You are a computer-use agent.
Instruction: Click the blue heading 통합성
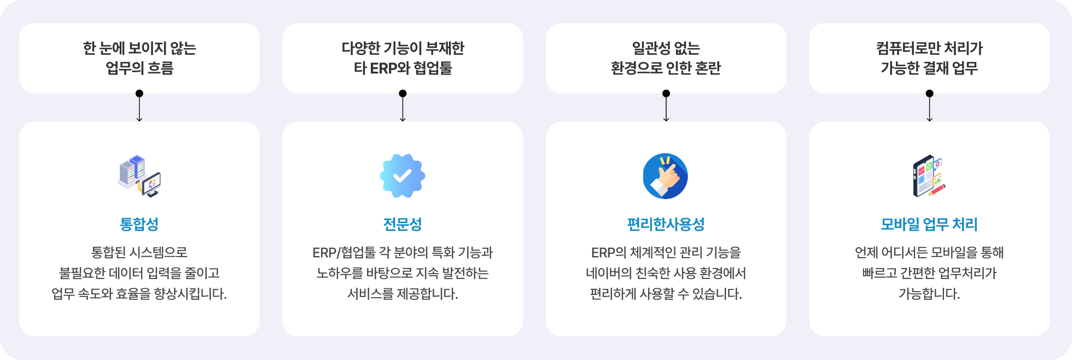click(139, 224)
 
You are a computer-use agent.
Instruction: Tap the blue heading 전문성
click(403, 224)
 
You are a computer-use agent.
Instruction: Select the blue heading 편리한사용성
click(666, 224)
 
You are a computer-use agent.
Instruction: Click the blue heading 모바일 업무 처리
click(929, 224)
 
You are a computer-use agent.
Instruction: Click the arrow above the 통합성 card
click(139, 107)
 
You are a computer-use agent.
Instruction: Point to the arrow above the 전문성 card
click(403, 107)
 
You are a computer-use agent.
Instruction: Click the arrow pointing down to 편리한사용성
click(666, 107)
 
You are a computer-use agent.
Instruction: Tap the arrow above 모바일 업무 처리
click(929, 107)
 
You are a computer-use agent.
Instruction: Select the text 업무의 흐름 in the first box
click(139, 68)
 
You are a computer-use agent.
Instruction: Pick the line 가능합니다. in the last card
click(929, 294)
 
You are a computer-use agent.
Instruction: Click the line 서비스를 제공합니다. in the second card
click(403, 294)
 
